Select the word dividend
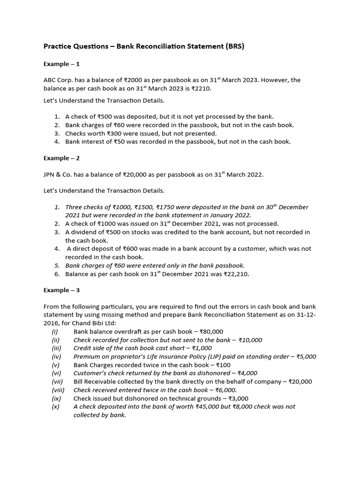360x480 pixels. click(84, 232)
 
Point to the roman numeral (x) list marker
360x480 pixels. click(55, 407)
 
